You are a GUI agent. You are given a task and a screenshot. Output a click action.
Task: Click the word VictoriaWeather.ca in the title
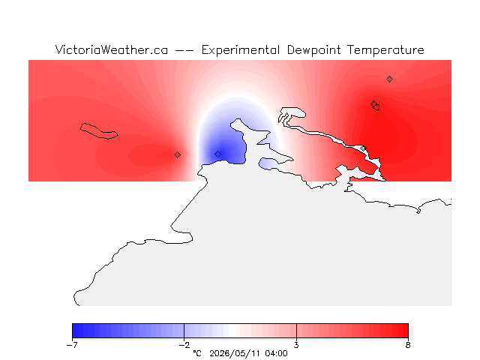[x=112, y=50]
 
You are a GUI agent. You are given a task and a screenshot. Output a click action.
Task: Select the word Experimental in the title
[x=241, y=50]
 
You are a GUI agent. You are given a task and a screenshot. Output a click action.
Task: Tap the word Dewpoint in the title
[x=313, y=50]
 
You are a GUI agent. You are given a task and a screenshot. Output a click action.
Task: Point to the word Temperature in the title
[x=385, y=50]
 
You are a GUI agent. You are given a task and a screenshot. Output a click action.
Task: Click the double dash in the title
[x=184, y=50]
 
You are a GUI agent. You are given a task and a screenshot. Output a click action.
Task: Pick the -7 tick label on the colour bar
[x=72, y=345]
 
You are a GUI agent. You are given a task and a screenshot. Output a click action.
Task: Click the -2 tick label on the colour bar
[x=184, y=345]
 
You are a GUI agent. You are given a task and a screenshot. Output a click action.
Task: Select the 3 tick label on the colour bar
[x=296, y=345]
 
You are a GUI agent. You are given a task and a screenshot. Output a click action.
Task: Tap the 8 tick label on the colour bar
[x=408, y=345]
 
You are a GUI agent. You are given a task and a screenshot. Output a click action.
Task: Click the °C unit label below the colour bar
[x=197, y=353]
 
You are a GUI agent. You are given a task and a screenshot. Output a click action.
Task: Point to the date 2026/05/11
[x=235, y=354]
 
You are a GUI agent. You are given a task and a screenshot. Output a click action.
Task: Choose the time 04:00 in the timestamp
[x=276, y=353]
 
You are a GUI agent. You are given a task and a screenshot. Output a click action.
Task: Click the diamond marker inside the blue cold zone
[x=217, y=154]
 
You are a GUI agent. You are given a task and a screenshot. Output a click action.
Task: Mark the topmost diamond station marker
[x=389, y=79]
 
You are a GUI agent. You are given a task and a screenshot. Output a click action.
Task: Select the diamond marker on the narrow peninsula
[x=363, y=148]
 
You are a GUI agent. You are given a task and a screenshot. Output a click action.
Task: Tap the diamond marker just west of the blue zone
[x=177, y=155]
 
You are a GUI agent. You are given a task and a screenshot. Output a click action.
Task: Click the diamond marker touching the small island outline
[x=373, y=103]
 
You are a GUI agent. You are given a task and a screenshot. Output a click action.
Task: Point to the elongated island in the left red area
[x=98, y=131]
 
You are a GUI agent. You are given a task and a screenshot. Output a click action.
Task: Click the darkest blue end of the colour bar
[x=76, y=331]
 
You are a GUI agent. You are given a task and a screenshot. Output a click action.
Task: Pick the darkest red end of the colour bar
[x=405, y=331]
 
